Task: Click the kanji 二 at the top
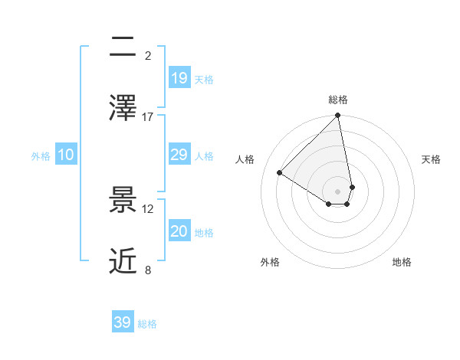[123, 48]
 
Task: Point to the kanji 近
[123, 261]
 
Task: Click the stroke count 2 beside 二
[148, 56]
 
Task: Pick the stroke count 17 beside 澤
[148, 116]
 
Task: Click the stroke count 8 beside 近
[148, 270]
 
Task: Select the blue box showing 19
[179, 77]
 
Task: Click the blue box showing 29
[179, 155]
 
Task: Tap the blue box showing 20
[179, 231]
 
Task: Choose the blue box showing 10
[66, 155]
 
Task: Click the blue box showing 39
[123, 322]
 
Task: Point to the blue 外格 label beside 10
[41, 156]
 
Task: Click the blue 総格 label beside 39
[147, 324]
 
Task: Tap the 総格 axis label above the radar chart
[338, 100]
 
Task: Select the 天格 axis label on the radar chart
[432, 159]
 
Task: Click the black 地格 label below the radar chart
[402, 262]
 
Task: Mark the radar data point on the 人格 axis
[280, 173]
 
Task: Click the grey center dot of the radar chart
[338, 191]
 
